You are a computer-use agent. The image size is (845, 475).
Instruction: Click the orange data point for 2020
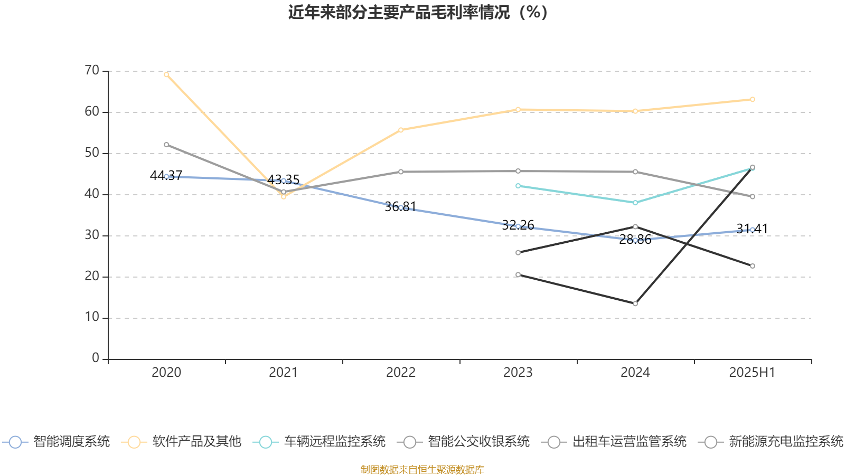[166, 74]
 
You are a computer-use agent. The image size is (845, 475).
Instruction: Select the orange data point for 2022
[401, 130]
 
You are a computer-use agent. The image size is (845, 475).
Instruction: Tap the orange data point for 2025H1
[753, 99]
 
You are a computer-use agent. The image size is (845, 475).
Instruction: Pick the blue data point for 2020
[166, 176]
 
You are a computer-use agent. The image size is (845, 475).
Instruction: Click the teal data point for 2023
[518, 186]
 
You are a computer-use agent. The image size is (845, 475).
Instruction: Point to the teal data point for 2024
[635, 203]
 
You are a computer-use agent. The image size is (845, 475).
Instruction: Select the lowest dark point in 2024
[635, 303]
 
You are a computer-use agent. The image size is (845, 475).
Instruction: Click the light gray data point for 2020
[166, 145]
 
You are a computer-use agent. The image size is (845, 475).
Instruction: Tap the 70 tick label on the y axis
[92, 70]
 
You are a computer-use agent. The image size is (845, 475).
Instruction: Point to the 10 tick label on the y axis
[92, 317]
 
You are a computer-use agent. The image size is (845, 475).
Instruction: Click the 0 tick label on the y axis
[96, 358]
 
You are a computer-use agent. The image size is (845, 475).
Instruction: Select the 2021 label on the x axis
[284, 373]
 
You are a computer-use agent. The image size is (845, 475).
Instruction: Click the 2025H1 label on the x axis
[752, 373]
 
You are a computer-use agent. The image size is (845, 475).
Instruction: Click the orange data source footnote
[422, 469]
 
